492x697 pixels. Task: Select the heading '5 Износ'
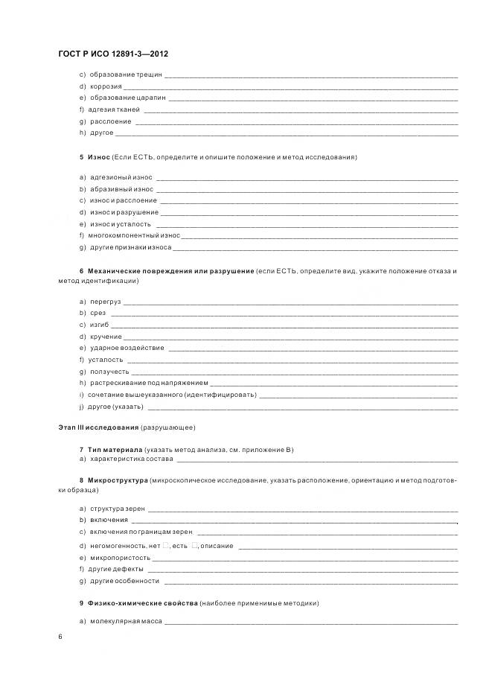95,158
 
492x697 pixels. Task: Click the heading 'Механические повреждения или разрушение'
170,271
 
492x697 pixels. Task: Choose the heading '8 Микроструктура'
113,482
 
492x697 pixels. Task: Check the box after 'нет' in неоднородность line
166,546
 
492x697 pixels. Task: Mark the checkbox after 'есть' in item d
194,546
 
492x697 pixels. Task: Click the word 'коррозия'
106,86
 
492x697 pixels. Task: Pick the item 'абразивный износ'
121,189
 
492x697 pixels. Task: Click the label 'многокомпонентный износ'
134,235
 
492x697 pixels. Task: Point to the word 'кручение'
105,337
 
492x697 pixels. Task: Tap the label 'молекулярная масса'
121,621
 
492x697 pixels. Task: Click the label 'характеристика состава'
130,459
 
